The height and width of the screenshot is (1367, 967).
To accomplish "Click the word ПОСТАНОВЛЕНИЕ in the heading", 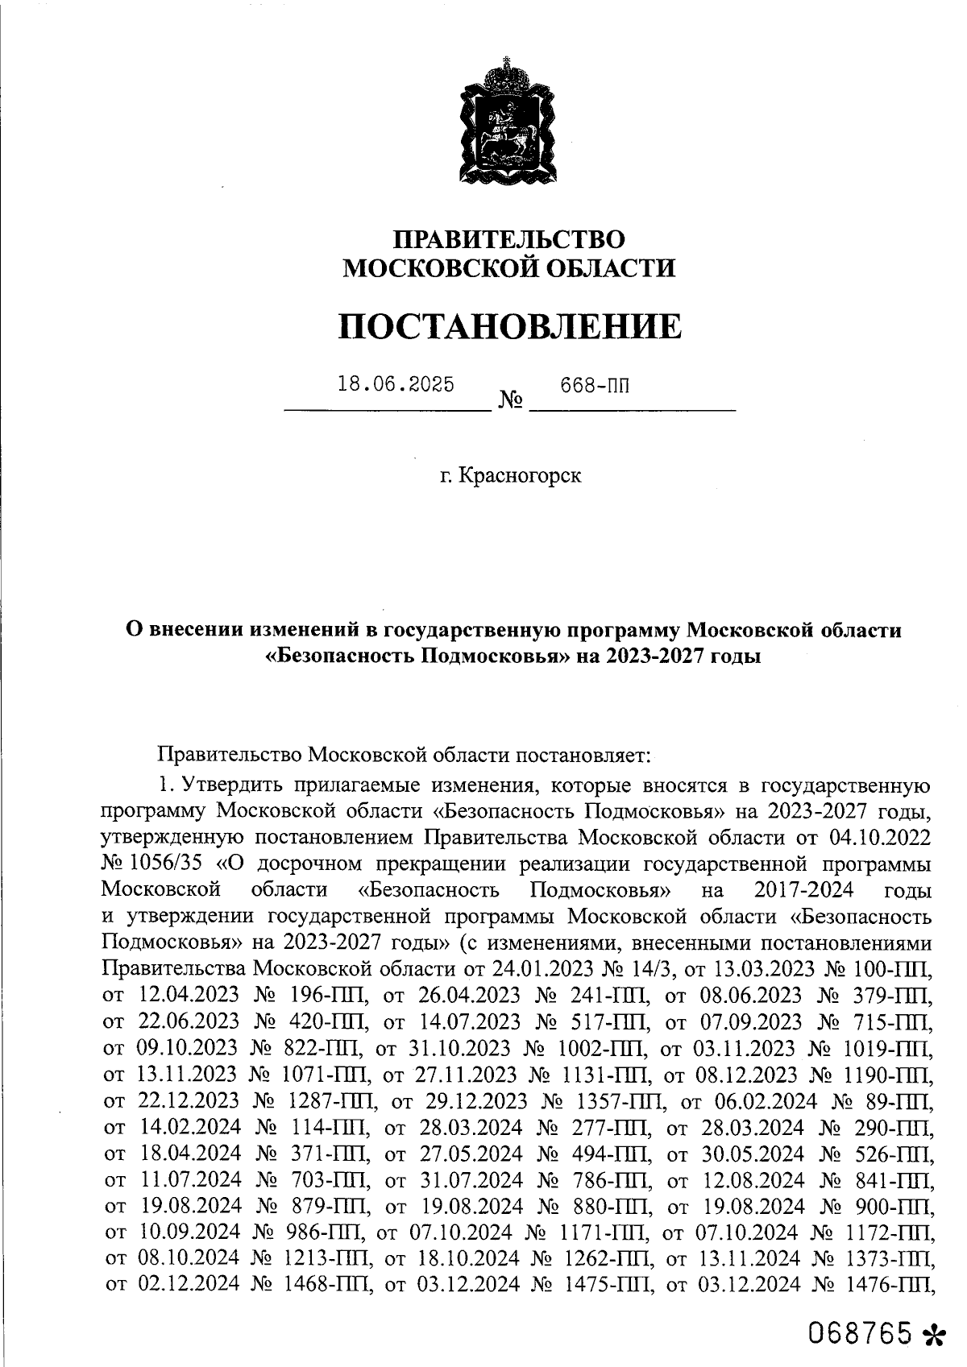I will pos(508,327).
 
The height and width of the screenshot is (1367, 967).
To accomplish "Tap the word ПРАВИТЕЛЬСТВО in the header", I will pos(508,240).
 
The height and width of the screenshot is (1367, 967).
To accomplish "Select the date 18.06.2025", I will pos(396,384).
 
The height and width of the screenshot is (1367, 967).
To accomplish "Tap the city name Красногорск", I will pos(520,476).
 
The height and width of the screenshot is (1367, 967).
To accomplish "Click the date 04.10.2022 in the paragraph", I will pos(882,838).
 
